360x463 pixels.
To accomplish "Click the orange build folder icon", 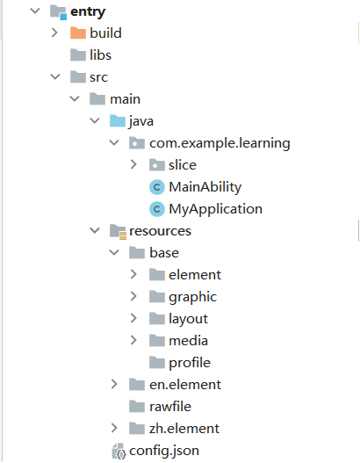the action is (x=78, y=33).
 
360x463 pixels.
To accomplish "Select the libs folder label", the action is (x=100, y=55).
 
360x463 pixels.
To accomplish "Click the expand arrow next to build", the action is (x=54, y=33).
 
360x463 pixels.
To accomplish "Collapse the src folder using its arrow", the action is (x=55, y=76).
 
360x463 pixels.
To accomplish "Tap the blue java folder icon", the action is (x=118, y=120).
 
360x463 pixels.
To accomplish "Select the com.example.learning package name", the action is (x=220, y=143).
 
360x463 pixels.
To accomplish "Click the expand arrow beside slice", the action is (x=133, y=164).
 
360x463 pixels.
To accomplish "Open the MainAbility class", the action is (x=205, y=187).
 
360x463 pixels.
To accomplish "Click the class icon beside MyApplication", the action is (x=157, y=209).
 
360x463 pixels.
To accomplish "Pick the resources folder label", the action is (x=160, y=231).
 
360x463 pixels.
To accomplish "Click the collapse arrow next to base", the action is (x=114, y=252).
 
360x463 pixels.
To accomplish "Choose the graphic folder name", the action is (x=192, y=297).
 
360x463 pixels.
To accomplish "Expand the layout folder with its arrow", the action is (x=133, y=318).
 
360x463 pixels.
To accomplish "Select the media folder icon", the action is (x=157, y=341).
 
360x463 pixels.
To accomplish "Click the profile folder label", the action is (x=190, y=363).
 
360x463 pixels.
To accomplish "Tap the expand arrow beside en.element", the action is (x=114, y=384).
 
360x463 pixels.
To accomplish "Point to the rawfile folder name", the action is (x=170, y=407).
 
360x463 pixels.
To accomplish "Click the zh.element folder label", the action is (x=184, y=429).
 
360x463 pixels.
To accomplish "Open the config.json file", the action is (x=164, y=451).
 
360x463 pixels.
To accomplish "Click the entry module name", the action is (x=88, y=11).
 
